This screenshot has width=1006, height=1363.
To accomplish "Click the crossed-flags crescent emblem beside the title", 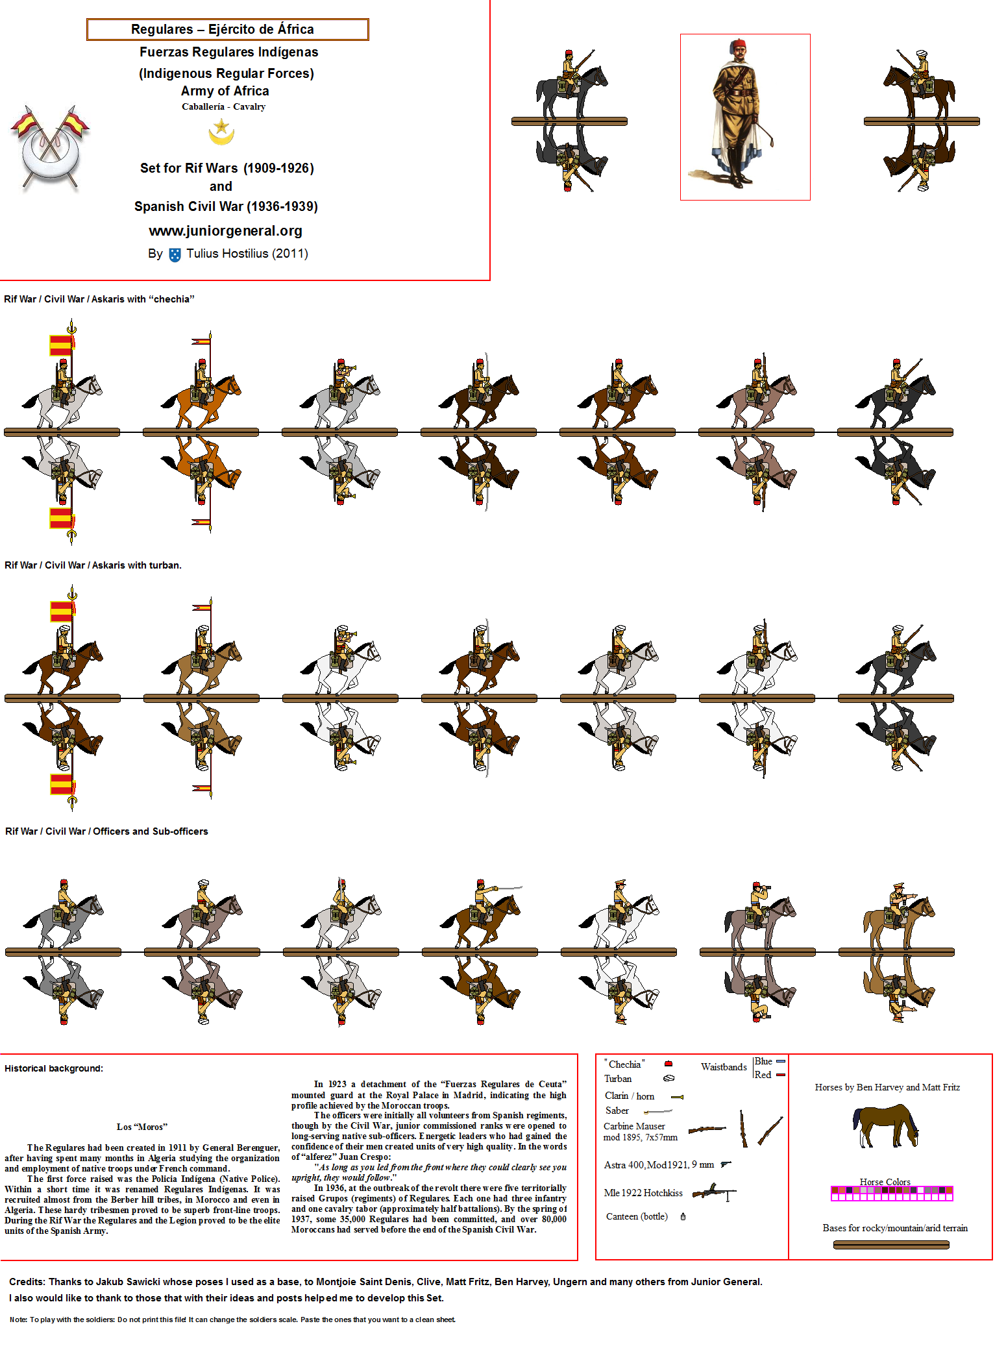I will coord(50,148).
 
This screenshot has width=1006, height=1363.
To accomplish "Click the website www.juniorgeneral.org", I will coord(225,231).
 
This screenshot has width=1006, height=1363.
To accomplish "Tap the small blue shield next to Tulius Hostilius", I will coord(175,254).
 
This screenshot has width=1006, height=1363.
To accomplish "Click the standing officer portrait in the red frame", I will coord(744,117).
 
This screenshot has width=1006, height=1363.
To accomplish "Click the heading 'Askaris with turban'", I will coord(136,565).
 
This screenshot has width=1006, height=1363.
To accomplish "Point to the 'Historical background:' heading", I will coord(54,1068).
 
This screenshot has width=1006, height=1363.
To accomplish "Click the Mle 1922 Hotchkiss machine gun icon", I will coord(713,1192).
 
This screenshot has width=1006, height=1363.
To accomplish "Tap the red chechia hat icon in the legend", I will coord(669,1064).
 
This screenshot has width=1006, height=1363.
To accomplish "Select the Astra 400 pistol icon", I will coord(726,1164).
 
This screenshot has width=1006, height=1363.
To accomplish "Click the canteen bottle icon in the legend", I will coord(683,1216).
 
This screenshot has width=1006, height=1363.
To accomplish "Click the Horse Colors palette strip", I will coord(892,1194).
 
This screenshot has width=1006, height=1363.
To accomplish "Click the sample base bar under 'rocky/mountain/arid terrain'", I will coord(891,1244).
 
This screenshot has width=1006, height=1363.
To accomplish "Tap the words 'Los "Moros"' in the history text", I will coord(142,1127).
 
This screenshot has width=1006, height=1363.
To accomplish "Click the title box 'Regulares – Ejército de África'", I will coord(227,29).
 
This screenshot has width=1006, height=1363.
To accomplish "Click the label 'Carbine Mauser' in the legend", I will coord(634,1126).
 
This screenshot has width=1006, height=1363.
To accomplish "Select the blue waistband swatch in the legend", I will coord(781,1061).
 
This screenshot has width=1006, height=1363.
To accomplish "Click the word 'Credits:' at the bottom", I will coord(27,1281).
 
